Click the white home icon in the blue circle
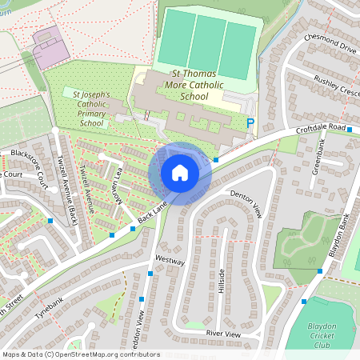(180, 173)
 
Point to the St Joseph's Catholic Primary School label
(92, 109)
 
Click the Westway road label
(170, 262)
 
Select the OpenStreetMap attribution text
(81, 354)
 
